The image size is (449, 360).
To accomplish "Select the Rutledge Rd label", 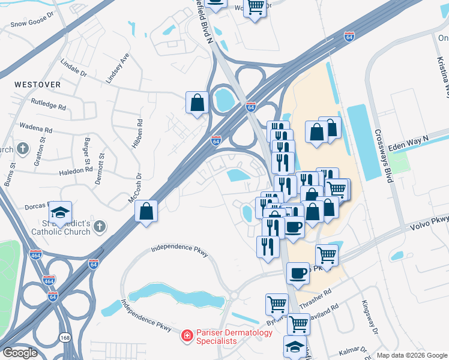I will pyautogui.click(x=48, y=104).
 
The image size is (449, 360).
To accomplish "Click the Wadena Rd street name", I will pyautogui.click(x=36, y=128).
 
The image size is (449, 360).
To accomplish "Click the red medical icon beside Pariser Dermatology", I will pyautogui.click(x=187, y=334).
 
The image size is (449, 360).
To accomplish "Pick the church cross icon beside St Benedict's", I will pyautogui.click(x=100, y=227).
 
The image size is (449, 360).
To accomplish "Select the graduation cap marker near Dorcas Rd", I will pyautogui.click(x=60, y=211).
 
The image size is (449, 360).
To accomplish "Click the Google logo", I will pyautogui.click(x=20, y=353).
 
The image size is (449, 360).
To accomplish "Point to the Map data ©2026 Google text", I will pyautogui.click(x=412, y=355).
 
